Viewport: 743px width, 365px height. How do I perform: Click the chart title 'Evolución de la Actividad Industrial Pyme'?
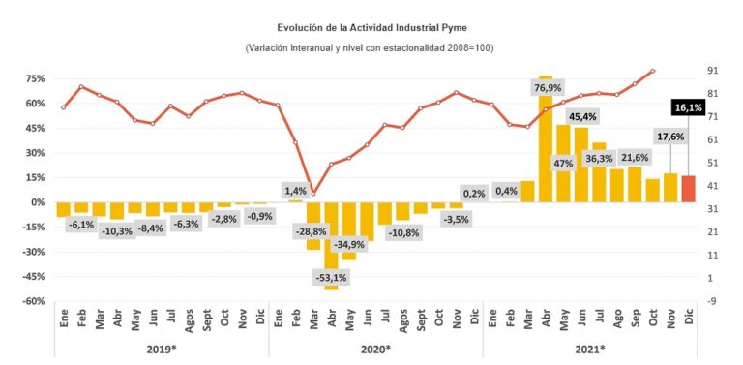(x=371, y=29)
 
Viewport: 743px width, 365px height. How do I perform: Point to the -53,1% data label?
(x=332, y=277)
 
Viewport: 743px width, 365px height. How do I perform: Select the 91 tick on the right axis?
(x=713, y=71)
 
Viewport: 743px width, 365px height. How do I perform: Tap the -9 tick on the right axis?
(x=713, y=301)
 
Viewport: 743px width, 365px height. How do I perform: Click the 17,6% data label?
(x=670, y=137)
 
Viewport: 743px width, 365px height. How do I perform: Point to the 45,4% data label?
(x=582, y=117)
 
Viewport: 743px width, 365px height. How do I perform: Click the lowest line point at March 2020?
(x=313, y=193)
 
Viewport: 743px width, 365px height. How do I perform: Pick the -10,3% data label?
(x=116, y=231)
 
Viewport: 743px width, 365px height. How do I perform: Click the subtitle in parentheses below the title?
(x=371, y=48)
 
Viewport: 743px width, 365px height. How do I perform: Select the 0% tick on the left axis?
(x=37, y=202)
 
